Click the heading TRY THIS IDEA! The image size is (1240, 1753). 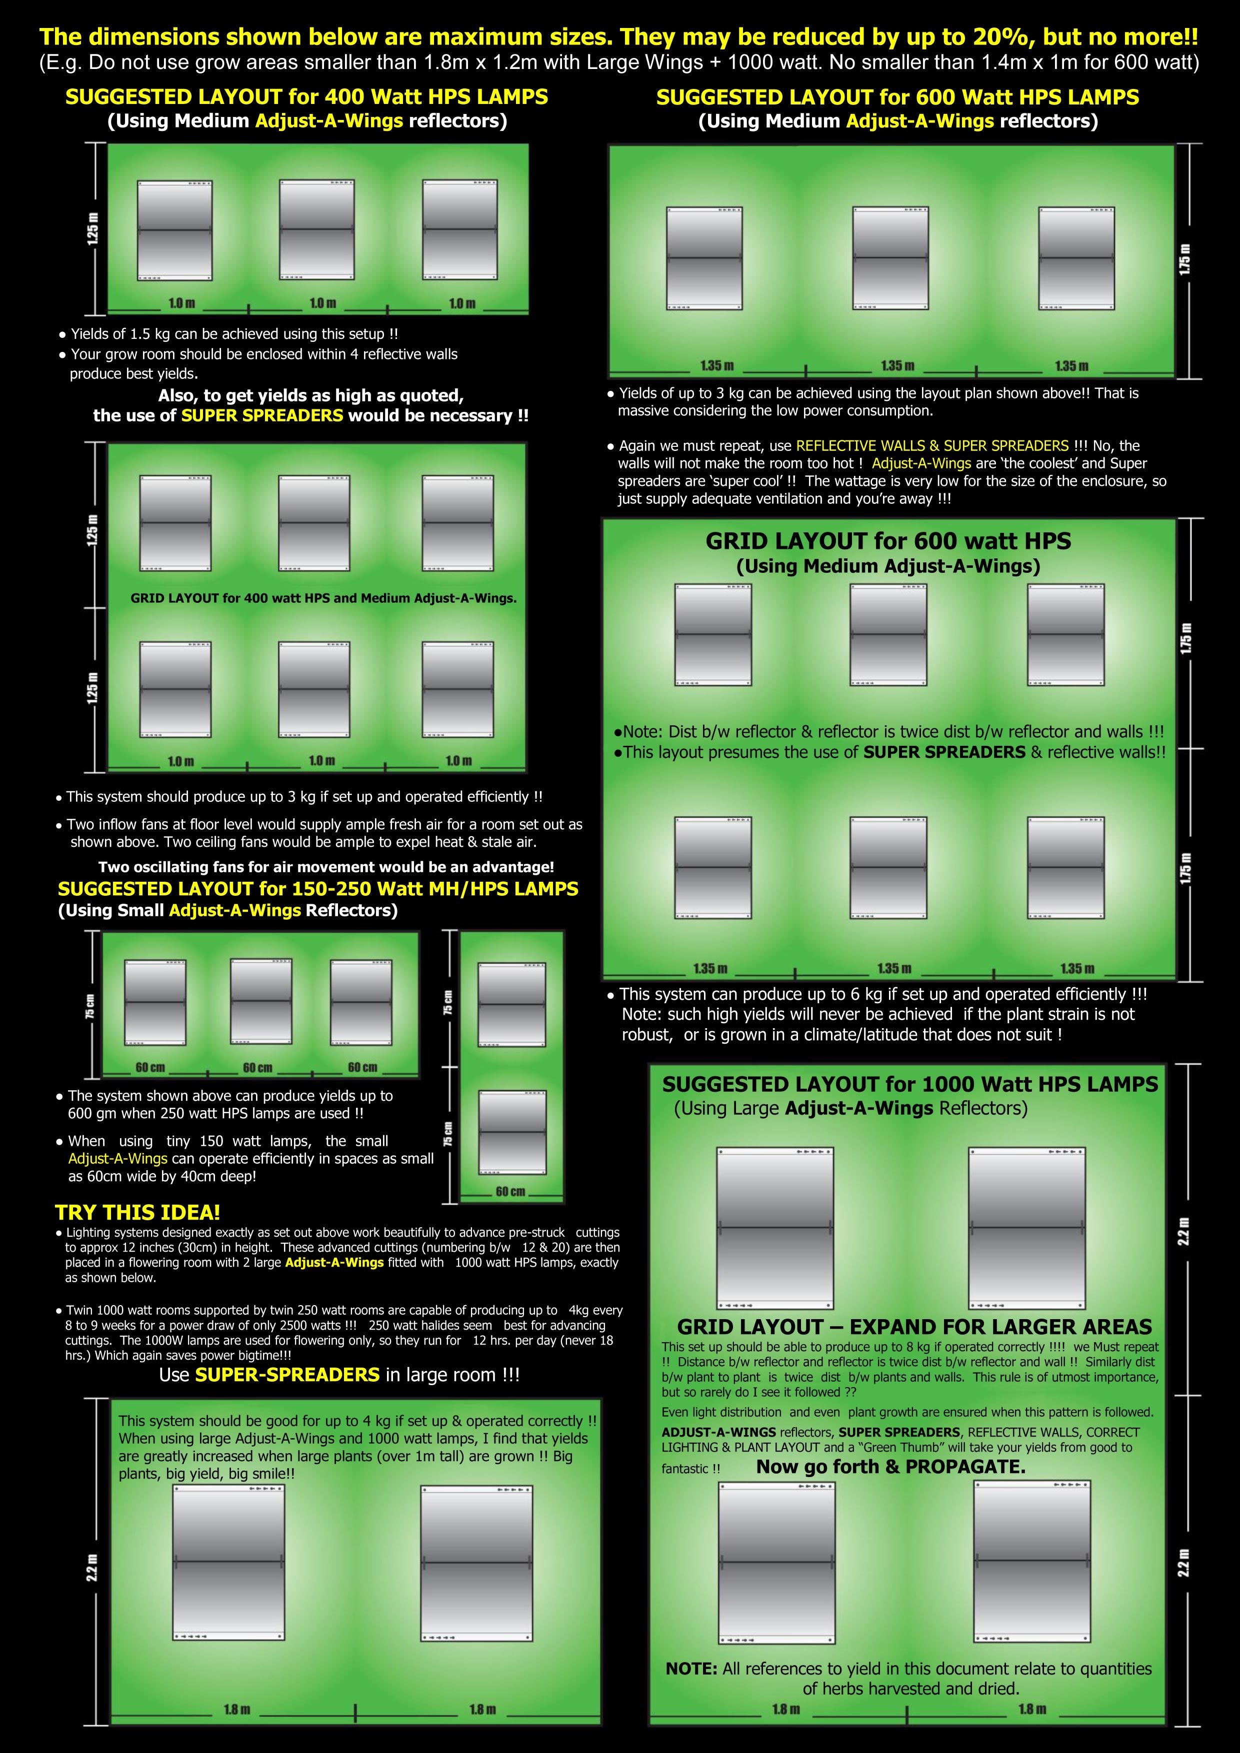tap(137, 1213)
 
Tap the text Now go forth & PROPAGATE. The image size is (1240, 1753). tap(891, 1467)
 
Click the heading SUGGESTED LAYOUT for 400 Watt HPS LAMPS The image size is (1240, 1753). tap(306, 97)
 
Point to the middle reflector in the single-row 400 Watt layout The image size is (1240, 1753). tap(316, 230)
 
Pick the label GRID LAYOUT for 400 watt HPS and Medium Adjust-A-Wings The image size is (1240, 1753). tap(323, 598)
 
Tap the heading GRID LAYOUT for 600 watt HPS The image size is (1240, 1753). tap(888, 541)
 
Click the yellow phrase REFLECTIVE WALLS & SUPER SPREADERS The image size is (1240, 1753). tap(932, 446)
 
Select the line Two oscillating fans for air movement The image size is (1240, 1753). tap(326, 867)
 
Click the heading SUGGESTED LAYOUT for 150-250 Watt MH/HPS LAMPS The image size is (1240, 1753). tap(317, 889)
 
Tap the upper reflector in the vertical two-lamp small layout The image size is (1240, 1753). tap(511, 1005)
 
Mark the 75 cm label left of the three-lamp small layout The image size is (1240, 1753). tap(90, 1006)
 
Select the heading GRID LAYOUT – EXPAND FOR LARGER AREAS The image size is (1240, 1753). tap(914, 1327)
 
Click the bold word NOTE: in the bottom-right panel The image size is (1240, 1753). tap(691, 1669)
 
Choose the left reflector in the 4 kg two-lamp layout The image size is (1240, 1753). tap(229, 1563)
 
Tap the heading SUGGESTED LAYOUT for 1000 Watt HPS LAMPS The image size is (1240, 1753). tap(910, 1084)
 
